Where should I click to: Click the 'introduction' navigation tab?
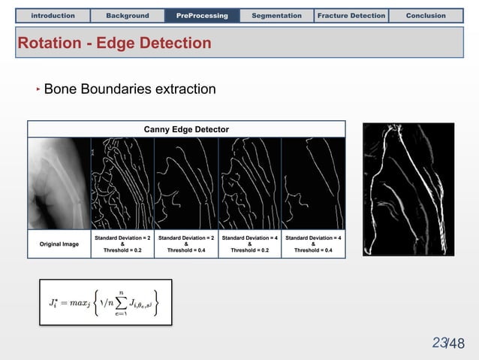(53, 15)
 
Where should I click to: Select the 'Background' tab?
(127, 15)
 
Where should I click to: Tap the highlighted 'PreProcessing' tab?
(202, 15)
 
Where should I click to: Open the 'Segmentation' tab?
(276, 15)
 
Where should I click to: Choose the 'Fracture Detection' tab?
(351, 15)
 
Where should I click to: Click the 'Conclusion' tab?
(426, 15)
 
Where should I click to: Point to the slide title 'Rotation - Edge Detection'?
(114, 44)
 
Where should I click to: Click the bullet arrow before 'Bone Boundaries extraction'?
(38, 90)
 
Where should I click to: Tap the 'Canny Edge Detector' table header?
(186, 130)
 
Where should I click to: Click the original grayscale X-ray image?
(59, 183)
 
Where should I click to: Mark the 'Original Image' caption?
(59, 244)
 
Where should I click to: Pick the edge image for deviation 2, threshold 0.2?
(122, 183)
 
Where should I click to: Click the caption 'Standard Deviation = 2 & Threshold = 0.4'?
(186, 244)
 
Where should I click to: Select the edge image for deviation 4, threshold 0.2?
(249, 183)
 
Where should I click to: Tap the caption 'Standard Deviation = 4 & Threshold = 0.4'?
(313, 244)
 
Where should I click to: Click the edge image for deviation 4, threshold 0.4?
(313, 183)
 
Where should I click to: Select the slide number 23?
(439, 343)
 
